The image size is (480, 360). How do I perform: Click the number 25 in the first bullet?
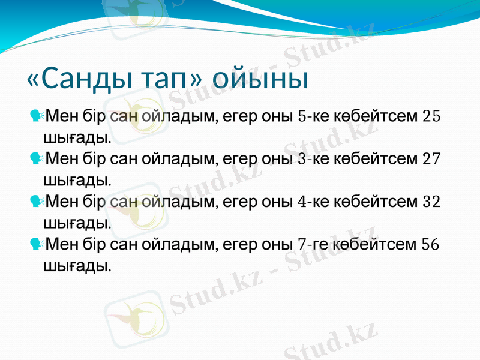(x=431, y=116)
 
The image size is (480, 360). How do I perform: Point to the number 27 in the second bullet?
(x=431, y=159)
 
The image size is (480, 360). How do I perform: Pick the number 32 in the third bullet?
(x=431, y=202)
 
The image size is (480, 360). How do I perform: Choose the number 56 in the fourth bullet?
(x=431, y=244)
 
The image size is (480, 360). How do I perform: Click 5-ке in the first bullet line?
(x=313, y=116)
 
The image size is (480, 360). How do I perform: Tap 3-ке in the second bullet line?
(x=313, y=159)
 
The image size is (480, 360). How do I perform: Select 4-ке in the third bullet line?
(x=313, y=202)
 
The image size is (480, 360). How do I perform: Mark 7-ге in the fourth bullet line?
(x=313, y=244)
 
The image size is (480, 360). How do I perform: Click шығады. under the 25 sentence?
(x=77, y=137)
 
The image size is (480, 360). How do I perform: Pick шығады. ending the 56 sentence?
(x=77, y=265)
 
